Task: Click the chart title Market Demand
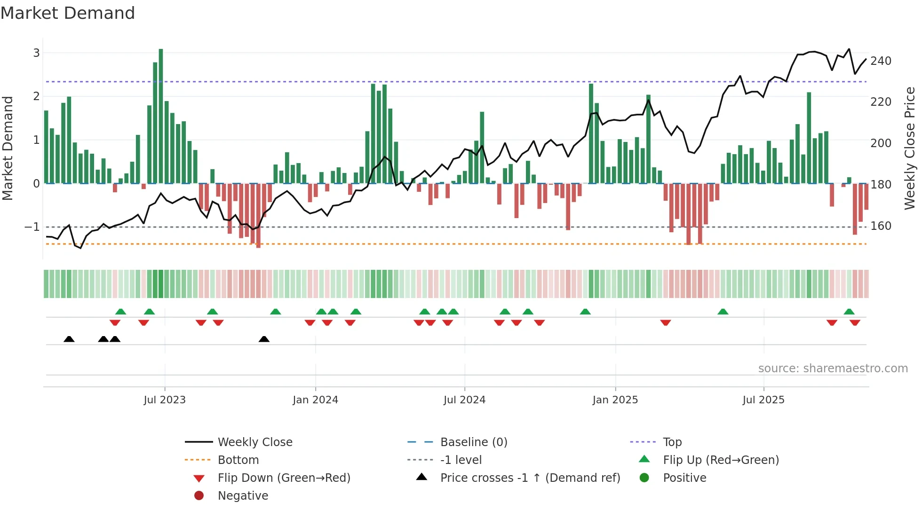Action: click(x=68, y=13)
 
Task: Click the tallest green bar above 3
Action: click(x=161, y=115)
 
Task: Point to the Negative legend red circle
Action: click(x=199, y=495)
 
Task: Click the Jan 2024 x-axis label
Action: click(x=315, y=400)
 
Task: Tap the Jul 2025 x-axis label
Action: click(x=763, y=400)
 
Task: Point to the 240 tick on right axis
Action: click(x=881, y=61)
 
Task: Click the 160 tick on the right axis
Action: click(x=881, y=226)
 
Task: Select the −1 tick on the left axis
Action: click(x=32, y=227)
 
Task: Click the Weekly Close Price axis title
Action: click(x=910, y=148)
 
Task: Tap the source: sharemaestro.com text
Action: click(x=833, y=369)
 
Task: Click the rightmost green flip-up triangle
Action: click(x=849, y=312)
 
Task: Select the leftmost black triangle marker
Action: click(x=69, y=339)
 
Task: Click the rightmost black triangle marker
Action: click(x=264, y=339)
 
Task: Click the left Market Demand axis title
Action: click(x=8, y=148)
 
